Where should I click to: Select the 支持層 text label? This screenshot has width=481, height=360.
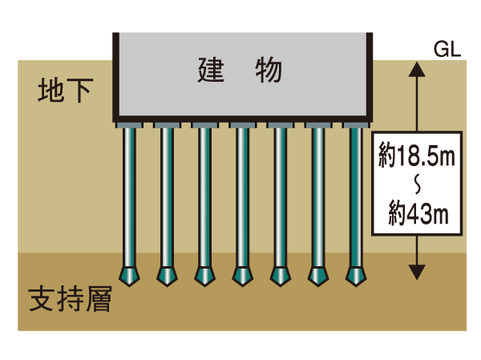[x=69, y=300]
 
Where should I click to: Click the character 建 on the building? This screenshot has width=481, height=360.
[x=210, y=71]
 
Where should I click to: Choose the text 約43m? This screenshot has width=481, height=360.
[x=416, y=214]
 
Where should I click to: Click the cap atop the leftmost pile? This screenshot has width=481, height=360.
[x=128, y=125]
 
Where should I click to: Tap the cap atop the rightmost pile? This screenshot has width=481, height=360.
[x=356, y=125]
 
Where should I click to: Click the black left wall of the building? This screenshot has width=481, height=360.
[x=115, y=76]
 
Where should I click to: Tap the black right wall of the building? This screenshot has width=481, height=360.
[x=370, y=76]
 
